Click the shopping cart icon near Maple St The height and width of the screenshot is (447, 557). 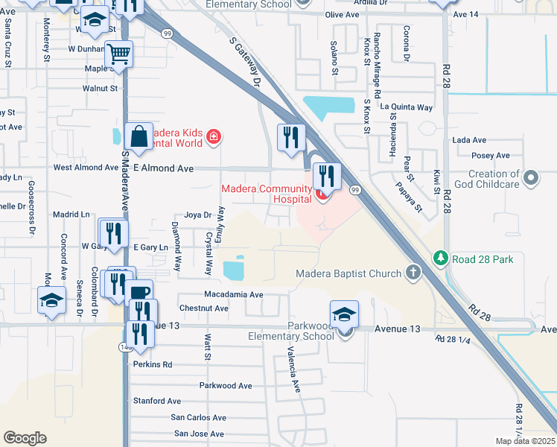tap(119, 54)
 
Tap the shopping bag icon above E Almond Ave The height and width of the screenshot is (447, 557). tap(139, 136)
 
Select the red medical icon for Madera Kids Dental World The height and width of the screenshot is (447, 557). tap(214, 137)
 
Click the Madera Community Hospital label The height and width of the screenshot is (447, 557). tap(266, 194)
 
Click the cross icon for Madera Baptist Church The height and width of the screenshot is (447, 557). tap(413, 273)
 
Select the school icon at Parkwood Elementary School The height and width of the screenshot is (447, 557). tap(344, 314)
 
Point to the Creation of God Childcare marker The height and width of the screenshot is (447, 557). tap(531, 178)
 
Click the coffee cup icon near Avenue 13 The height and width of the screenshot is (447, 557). tap(139, 294)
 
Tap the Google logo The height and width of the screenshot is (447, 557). tap(25, 437)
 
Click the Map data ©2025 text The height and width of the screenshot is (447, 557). tap(524, 441)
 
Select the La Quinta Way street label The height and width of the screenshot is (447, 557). tap(406, 107)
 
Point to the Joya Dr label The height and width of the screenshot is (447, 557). tap(198, 215)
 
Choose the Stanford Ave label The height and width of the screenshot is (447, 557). tap(157, 401)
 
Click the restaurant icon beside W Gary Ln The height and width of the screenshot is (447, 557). tap(113, 233)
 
